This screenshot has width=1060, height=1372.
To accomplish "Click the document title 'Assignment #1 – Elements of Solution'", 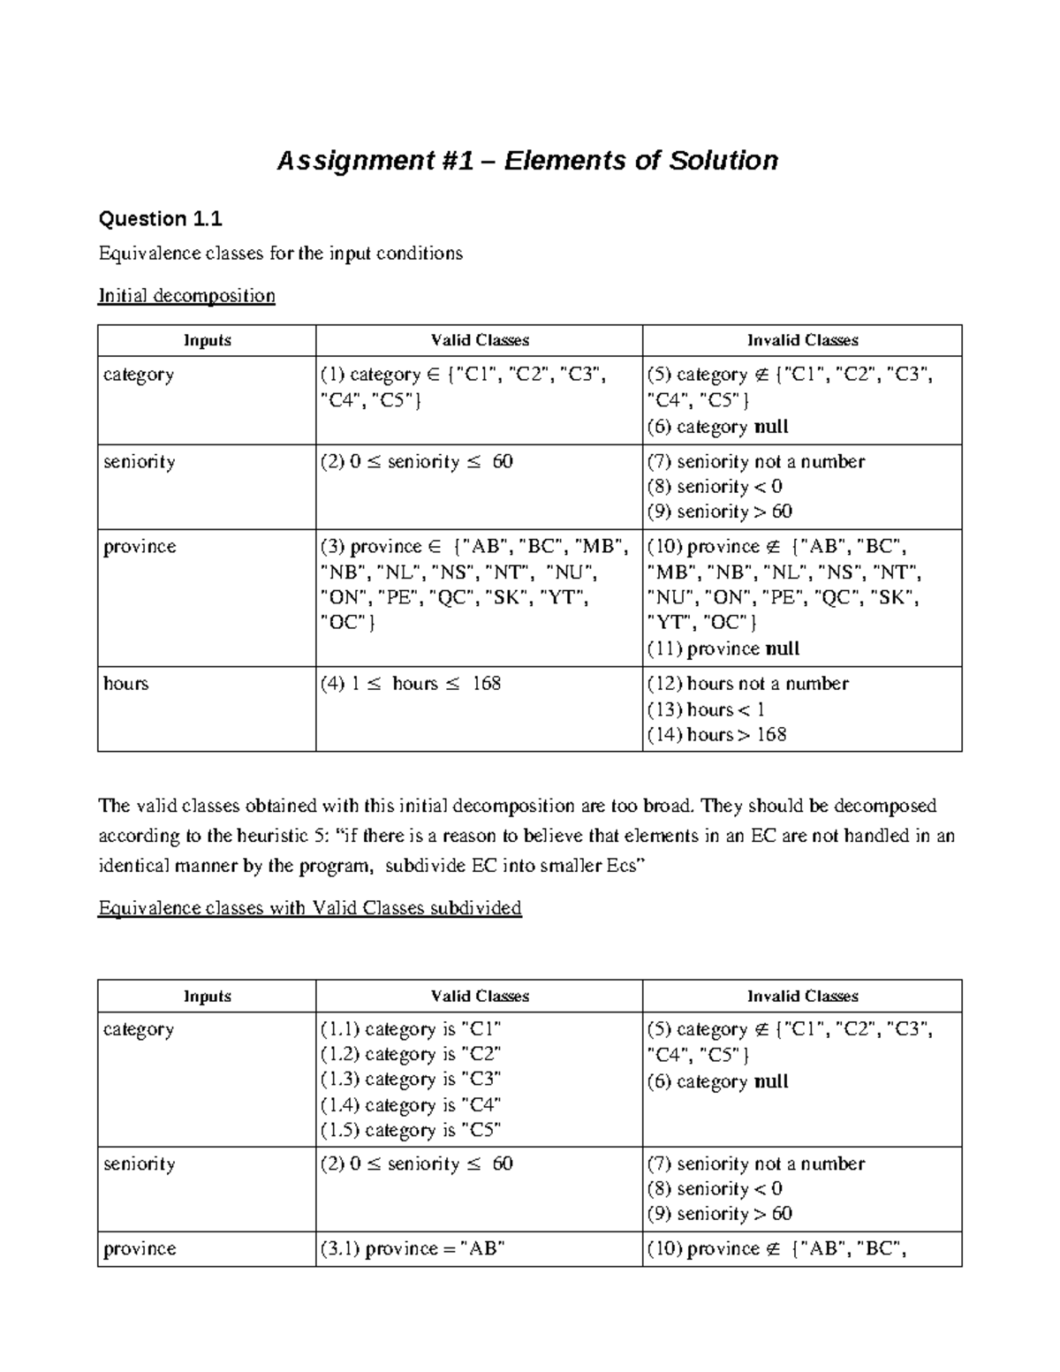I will [527, 161].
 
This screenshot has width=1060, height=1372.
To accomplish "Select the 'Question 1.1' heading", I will [160, 218].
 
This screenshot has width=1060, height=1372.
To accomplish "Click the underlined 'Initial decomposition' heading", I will [186, 295].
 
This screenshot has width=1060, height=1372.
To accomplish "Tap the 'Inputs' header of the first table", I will [207, 340].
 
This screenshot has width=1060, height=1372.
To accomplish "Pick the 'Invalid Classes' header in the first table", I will [802, 340].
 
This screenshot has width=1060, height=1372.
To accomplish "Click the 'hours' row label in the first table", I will [126, 684].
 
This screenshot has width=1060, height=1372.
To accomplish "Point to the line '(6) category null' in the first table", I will [717, 427].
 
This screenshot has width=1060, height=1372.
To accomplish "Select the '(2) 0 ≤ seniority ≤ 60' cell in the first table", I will [416, 462].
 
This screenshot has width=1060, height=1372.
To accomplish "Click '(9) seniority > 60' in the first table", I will [719, 512].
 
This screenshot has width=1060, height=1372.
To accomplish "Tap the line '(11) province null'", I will [723, 648].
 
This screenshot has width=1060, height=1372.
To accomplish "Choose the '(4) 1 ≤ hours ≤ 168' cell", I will [411, 684].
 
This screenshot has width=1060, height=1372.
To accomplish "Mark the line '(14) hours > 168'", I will [715, 734].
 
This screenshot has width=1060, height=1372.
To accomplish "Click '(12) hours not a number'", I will [747, 684].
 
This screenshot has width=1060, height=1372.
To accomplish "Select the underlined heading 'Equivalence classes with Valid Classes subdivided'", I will [310, 908].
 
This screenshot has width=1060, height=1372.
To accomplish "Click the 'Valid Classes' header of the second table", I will [480, 996].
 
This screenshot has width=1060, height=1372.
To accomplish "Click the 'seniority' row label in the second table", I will [139, 1164].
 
